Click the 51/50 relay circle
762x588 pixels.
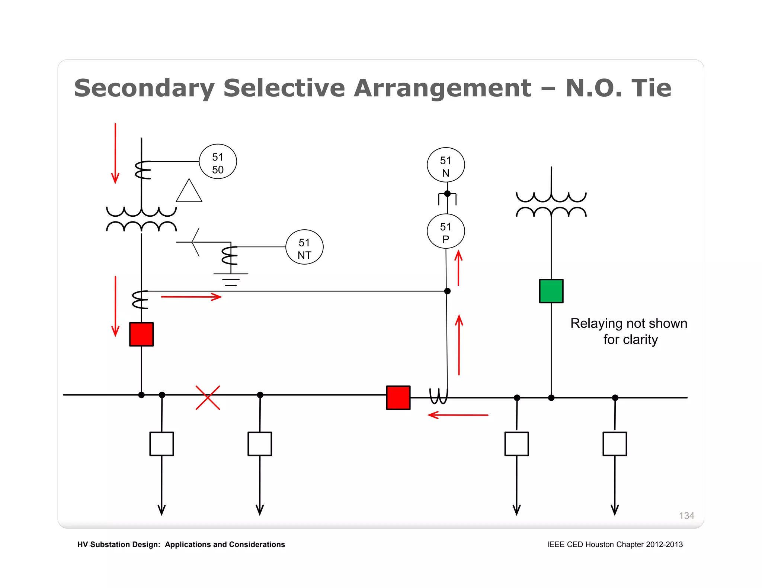point(218,161)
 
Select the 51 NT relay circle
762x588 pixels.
point(304,247)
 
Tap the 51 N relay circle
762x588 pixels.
point(445,165)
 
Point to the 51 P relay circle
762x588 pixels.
point(445,231)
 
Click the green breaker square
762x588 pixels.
point(551,291)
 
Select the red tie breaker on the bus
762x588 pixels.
point(398,398)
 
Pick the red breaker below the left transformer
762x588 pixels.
point(141,334)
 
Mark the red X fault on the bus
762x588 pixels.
point(208,398)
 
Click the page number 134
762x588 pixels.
point(686,516)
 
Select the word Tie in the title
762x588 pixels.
point(651,88)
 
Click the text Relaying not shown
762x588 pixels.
point(628,323)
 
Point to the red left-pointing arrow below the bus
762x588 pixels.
point(458,415)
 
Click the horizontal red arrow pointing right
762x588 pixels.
point(191,297)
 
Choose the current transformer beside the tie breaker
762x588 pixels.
point(439,396)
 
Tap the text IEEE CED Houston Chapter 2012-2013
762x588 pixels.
point(615,545)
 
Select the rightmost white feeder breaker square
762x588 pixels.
point(614,443)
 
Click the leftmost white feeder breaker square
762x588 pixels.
point(161,443)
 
